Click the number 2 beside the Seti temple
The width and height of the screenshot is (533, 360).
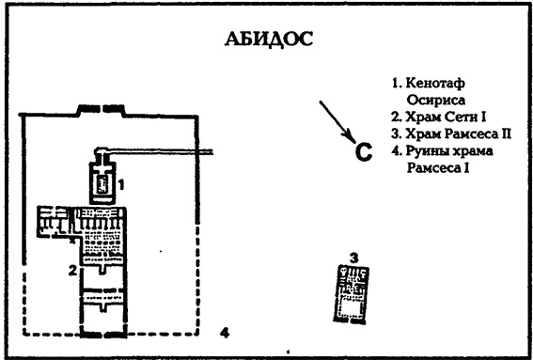72,272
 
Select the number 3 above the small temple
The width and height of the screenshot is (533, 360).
353,257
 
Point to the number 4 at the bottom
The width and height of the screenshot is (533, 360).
223,332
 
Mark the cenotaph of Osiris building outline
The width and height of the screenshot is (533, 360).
102,179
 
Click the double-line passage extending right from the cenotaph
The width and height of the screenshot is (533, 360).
169,152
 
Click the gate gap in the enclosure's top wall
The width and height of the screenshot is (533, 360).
99,107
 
